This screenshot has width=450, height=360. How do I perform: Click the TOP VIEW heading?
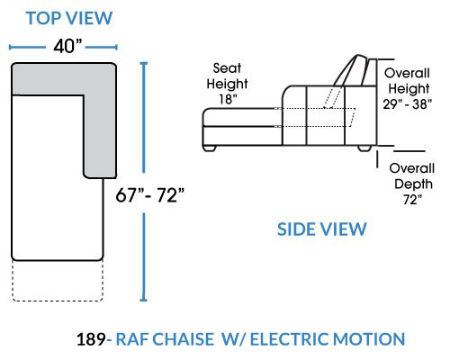pyautogui.click(x=69, y=18)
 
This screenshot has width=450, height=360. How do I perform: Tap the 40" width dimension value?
pyautogui.click(x=67, y=47)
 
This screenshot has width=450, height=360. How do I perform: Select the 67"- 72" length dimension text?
pyautogui.click(x=149, y=195)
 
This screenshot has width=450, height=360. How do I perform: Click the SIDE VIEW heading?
pyautogui.click(x=322, y=229)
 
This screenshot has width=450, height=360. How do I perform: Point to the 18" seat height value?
pyautogui.click(x=228, y=99)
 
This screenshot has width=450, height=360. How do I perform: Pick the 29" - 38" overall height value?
pyautogui.click(x=407, y=104)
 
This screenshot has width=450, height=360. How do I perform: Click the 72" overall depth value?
pyautogui.click(x=412, y=200)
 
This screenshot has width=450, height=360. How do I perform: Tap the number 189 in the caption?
pyautogui.click(x=91, y=339)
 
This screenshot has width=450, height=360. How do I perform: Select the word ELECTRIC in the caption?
pyautogui.click(x=290, y=339)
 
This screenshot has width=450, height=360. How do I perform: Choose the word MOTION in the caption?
pyautogui.click(x=369, y=339)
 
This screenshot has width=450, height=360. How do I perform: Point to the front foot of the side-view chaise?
pyautogui.click(x=210, y=148)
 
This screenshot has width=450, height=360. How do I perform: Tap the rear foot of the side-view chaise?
pyautogui.click(x=364, y=148)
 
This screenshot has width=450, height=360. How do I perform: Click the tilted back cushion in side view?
pyautogui.click(x=349, y=70)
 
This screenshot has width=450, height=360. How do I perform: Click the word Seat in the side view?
pyautogui.click(x=227, y=68)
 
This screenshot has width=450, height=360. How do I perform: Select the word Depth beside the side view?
pyautogui.click(x=413, y=184)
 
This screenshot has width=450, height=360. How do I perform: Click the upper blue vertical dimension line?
pyautogui.click(x=144, y=118)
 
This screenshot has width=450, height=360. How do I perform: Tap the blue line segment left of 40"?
pyautogui.click(x=27, y=47)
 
